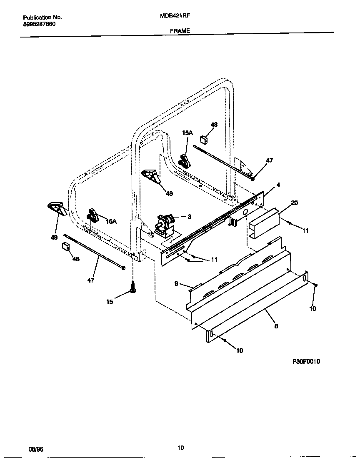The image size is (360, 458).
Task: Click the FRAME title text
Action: pyautogui.click(x=180, y=31)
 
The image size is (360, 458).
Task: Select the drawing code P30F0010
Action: pyautogui.click(x=306, y=361)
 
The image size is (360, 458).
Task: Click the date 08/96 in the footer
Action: pyautogui.click(x=36, y=448)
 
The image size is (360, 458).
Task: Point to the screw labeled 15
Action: pyautogui.click(x=133, y=288)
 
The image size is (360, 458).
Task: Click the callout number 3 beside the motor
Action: pyautogui.click(x=189, y=216)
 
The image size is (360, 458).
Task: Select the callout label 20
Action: pyautogui.click(x=294, y=203)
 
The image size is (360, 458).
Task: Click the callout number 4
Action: pyautogui.click(x=278, y=184)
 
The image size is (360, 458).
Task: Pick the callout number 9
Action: pyautogui.click(x=176, y=283)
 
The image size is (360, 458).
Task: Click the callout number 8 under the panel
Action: pyautogui.click(x=276, y=326)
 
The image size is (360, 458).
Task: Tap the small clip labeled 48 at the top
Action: pyautogui.click(x=204, y=138)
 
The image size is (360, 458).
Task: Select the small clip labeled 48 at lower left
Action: pyautogui.click(x=65, y=246)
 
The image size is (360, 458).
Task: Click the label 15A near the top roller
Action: pyautogui.click(x=187, y=133)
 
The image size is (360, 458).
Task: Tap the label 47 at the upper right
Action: pyautogui.click(x=269, y=160)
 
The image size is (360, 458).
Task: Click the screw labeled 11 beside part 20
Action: pyautogui.click(x=290, y=224)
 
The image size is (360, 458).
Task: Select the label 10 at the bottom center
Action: pyautogui.click(x=239, y=350)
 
